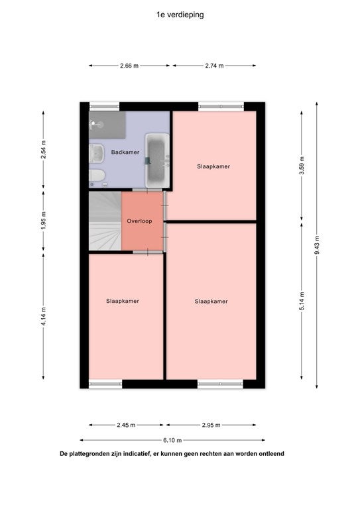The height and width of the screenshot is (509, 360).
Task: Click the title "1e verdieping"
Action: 180,15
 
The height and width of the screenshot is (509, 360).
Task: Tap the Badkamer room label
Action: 125,152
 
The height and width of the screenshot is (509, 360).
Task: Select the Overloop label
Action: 139,221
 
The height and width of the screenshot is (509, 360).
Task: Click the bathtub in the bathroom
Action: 157,160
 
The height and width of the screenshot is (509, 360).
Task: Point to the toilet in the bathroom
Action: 97,176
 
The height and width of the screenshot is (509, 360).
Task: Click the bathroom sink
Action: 97,154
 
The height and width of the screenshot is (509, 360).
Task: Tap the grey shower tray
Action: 107,125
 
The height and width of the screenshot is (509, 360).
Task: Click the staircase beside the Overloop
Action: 105,221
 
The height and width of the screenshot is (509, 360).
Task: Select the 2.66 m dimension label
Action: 129,66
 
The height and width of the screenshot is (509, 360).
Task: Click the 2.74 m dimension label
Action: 214,66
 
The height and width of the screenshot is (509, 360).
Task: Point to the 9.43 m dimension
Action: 317,245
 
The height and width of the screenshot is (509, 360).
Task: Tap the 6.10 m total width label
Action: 172,440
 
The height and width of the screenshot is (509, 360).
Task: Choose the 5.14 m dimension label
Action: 302,301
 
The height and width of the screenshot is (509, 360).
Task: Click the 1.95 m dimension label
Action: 44,221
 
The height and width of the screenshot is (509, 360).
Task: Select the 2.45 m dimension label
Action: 126,425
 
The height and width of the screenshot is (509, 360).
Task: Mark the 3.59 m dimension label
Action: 302,166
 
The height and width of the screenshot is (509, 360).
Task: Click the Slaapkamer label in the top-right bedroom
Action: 213,166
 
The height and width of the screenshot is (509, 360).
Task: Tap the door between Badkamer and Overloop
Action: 147,190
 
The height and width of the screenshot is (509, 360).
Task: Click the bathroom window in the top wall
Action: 104,106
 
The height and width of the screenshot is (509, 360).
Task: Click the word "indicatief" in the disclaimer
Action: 136,454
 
